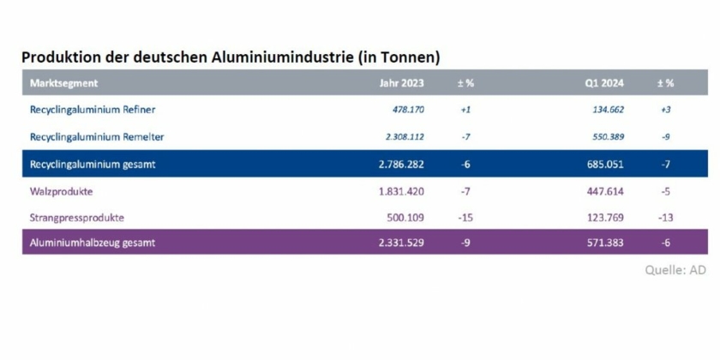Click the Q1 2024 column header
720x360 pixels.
(x=603, y=83)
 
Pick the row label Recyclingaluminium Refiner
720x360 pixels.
(x=92, y=110)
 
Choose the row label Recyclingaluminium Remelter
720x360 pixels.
(x=96, y=136)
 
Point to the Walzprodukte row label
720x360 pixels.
(x=62, y=190)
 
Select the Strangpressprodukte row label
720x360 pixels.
(x=78, y=217)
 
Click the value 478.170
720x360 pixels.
(x=407, y=110)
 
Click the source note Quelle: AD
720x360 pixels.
(x=675, y=269)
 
